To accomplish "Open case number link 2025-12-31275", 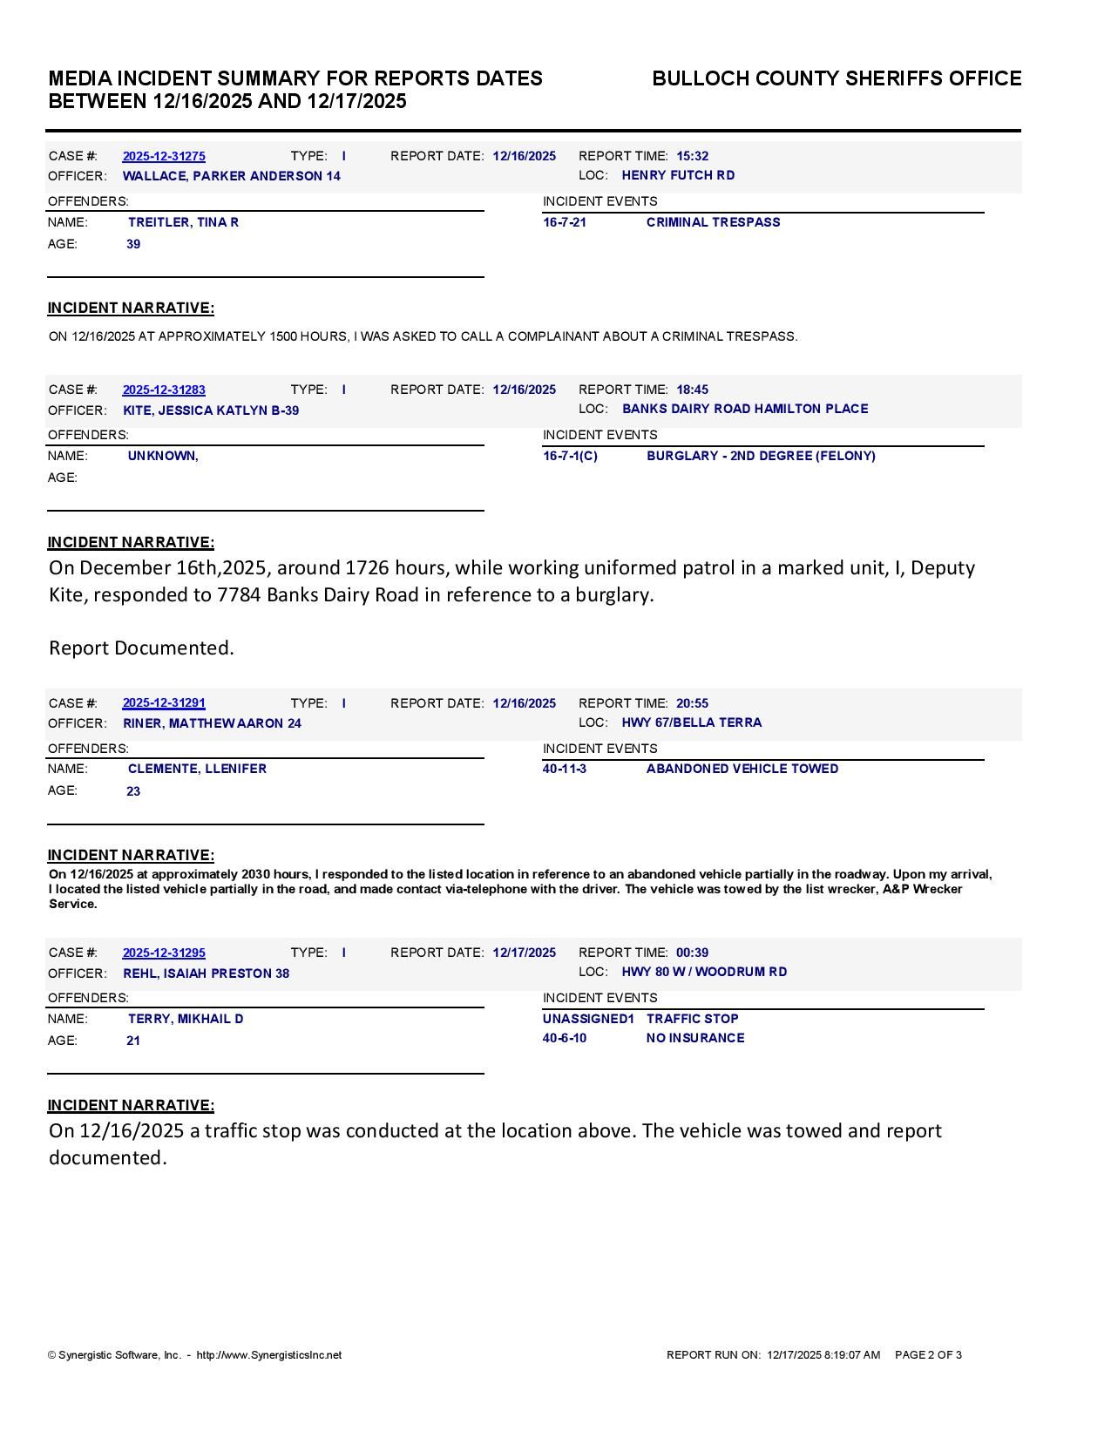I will click(x=164, y=156).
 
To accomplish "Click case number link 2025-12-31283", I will click(x=164, y=390).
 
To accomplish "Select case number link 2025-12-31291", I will click(x=164, y=702).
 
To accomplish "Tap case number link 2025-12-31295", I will click(x=164, y=953).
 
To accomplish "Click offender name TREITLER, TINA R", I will click(x=183, y=222).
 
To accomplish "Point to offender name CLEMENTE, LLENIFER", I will click(x=197, y=769).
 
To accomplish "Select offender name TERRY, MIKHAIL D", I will click(x=186, y=1019).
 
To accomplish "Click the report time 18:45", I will click(x=692, y=390).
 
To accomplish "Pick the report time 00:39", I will click(x=692, y=953).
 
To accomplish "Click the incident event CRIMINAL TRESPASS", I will click(x=713, y=222).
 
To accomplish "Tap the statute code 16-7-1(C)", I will click(x=570, y=456).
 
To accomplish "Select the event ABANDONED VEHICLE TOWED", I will click(x=742, y=769).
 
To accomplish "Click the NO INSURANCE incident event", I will click(x=695, y=1038).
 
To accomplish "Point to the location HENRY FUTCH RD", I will click(x=678, y=175).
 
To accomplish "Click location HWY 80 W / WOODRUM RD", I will click(x=704, y=972).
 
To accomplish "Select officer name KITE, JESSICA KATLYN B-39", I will click(x=211, y=410).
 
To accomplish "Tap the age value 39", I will click(x=133, y=244).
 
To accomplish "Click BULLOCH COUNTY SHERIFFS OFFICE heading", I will click(x=837, y=78).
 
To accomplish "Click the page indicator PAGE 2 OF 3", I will click(x=928, y=1355).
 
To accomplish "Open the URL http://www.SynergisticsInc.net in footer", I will click(x=269, y=1355).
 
